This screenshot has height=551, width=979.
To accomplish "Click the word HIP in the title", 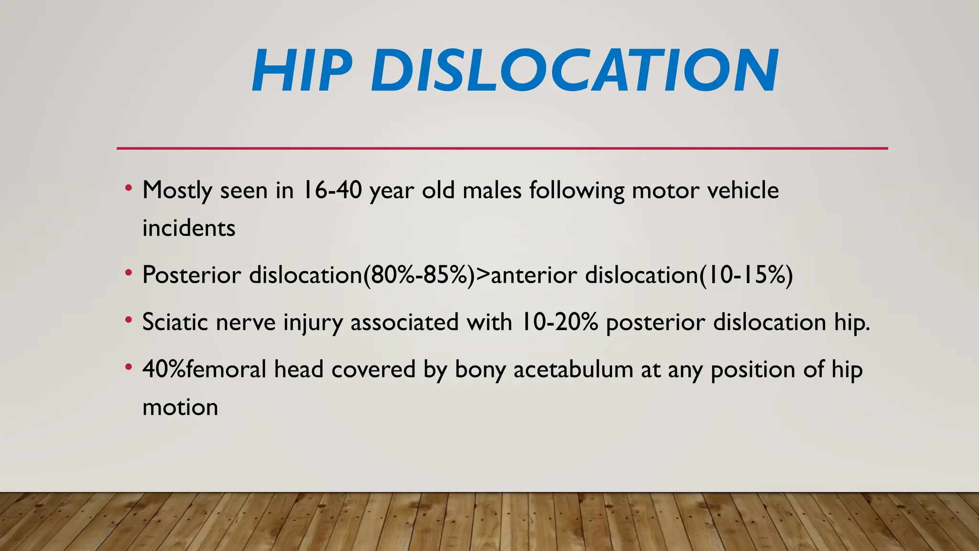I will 302,71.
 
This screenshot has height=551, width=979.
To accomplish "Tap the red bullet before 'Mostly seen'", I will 128,188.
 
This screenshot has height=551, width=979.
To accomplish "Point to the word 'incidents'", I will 189,228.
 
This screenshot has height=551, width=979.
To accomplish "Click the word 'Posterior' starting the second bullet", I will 192,275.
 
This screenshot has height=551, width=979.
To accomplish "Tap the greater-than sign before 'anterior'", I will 483,275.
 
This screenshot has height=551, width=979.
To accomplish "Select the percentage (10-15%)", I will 746,275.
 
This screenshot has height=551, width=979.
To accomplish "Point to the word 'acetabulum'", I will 573,370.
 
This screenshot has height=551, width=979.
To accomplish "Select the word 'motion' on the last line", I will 180,408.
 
